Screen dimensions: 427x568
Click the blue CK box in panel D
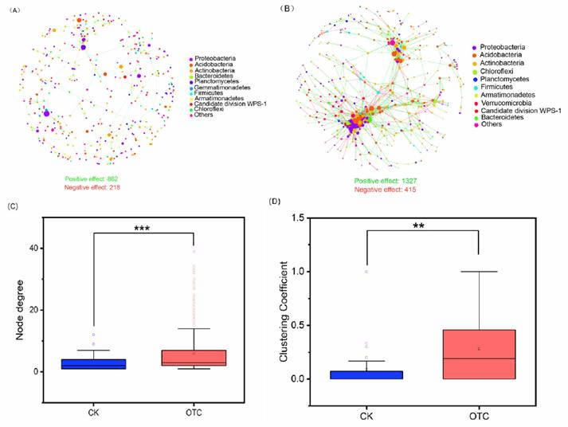[x=366, y=374]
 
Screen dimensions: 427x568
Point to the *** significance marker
[x=143, y=228]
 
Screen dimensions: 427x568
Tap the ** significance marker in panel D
[x=421, y=225]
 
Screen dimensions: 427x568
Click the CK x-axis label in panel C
[x=95, y=412]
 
